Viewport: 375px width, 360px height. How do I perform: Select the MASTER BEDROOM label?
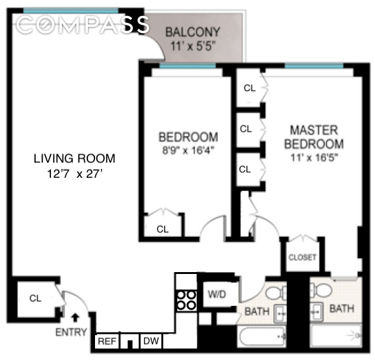[314, 137]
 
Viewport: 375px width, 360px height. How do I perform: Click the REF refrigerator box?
[107, 342]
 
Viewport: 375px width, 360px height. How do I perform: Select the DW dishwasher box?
[151, 342]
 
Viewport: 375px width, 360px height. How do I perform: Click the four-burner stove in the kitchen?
[186, 299]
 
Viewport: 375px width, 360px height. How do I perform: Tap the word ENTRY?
[70, 332]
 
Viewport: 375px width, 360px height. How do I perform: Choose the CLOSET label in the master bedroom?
[303, 257]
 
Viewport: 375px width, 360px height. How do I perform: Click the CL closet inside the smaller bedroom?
[163, 229]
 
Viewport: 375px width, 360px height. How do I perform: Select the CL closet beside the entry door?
[34, 298]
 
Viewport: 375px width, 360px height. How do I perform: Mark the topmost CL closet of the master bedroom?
[249, 88]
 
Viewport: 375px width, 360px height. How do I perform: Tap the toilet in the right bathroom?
[323, 292]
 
